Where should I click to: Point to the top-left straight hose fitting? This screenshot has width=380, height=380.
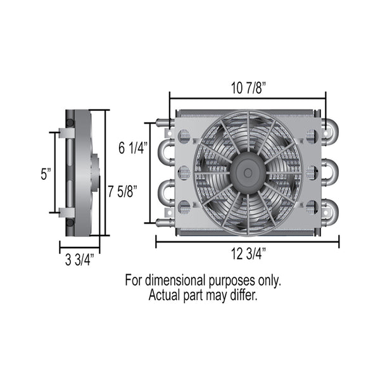click(x=162, y=122)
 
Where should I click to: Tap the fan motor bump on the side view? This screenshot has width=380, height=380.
click(x=96, y=171)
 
